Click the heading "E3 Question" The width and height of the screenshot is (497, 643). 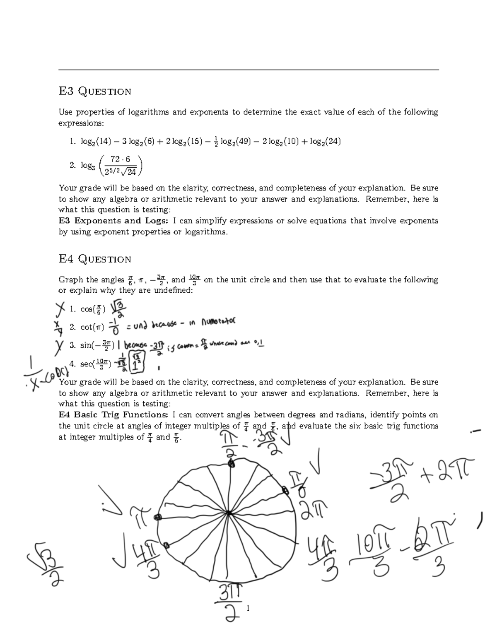(x=95, y=91)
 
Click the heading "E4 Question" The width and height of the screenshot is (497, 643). (x=95, y=259)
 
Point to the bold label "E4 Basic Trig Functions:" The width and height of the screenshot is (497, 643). (x=113, y=414)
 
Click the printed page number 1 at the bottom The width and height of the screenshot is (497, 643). (x=248, y=608)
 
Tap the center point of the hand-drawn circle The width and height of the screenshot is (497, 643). (x=229, y=513)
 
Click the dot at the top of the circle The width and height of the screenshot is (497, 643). (x=232, y=464)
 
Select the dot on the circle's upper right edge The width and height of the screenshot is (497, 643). (x=285, y=490)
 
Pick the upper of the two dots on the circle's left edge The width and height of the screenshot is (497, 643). (x=157, y=517)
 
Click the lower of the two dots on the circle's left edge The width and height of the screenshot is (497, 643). (x=166, y=545)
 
